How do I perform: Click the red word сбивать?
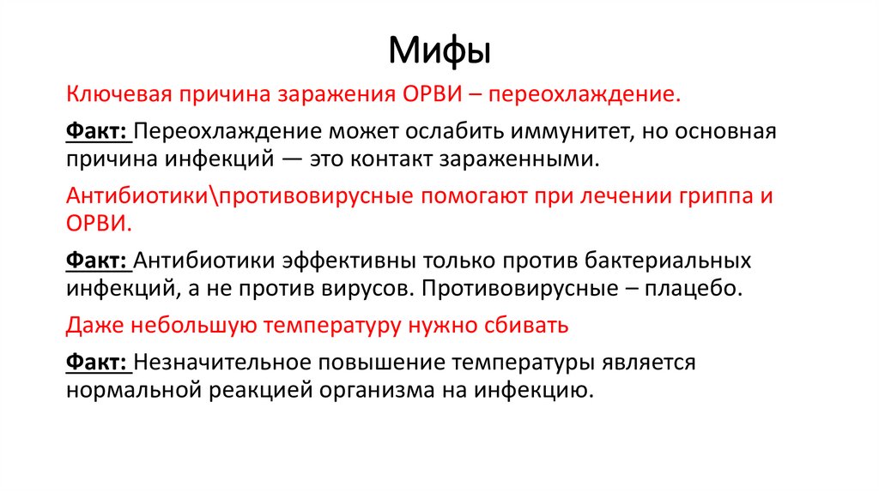[x=527, y=326]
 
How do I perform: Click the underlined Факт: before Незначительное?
[x=97, y=363]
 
